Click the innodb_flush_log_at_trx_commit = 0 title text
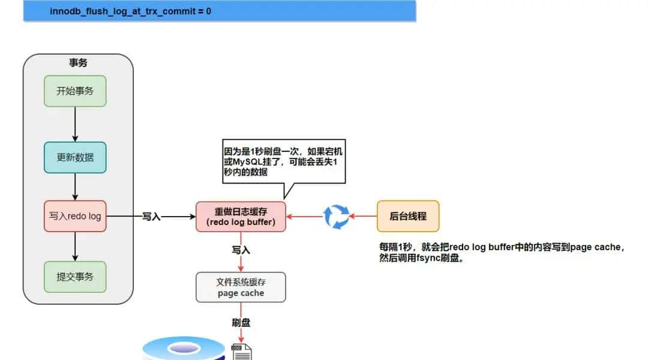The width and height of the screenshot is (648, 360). click(130, 11)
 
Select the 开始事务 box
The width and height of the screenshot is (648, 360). click(75, 91)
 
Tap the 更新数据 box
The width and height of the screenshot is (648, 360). click(75, 157)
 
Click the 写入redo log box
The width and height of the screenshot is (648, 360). click(75, 216)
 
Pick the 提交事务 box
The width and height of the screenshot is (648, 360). click(75, 277)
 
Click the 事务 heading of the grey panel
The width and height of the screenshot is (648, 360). click(78, 62)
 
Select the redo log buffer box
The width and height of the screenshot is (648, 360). click(241, 216)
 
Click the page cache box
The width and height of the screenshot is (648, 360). click(241, 287)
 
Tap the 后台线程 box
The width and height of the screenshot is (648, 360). click(408, 216)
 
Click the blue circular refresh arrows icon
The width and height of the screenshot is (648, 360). click(336, 216)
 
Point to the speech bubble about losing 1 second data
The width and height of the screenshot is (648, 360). click(282, 162)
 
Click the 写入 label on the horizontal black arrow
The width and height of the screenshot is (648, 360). click(151, 217)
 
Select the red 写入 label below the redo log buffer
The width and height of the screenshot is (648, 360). click(241, 248)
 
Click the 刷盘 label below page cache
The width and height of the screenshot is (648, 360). click(241, 323)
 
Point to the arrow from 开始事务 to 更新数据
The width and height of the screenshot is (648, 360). click(75, 124)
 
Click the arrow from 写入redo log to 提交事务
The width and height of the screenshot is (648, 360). click(75, 246)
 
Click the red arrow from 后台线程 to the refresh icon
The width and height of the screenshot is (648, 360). click(364, 216)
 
